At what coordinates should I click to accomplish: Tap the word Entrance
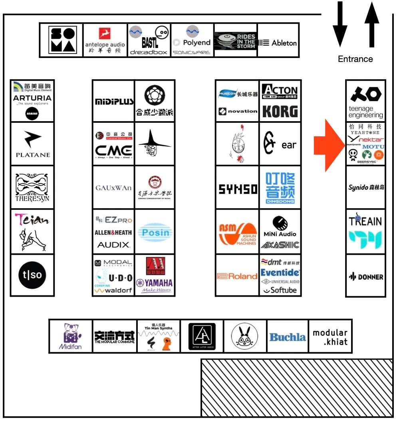point(355,59)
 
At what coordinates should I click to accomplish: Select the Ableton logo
point(278,43)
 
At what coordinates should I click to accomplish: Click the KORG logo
point(280,111)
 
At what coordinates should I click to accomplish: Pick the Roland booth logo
point(237,276)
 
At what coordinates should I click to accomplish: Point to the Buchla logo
point(288,337)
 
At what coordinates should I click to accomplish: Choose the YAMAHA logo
point(155,283)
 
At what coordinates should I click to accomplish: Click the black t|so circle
point(32,275)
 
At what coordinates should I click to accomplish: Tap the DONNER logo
point(366,277)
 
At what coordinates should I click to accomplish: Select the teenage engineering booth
point(366,101)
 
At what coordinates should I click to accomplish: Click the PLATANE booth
point(32,144)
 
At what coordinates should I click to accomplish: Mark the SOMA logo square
point(62,40)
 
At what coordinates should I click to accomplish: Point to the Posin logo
point(155,233)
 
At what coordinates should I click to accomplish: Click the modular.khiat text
point(330,337)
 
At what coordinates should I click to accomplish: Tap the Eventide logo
point(280,273)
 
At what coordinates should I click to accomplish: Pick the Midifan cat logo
point(71,336)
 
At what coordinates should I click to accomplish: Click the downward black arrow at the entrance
point(340,24)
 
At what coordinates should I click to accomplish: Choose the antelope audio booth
point(105,40)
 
